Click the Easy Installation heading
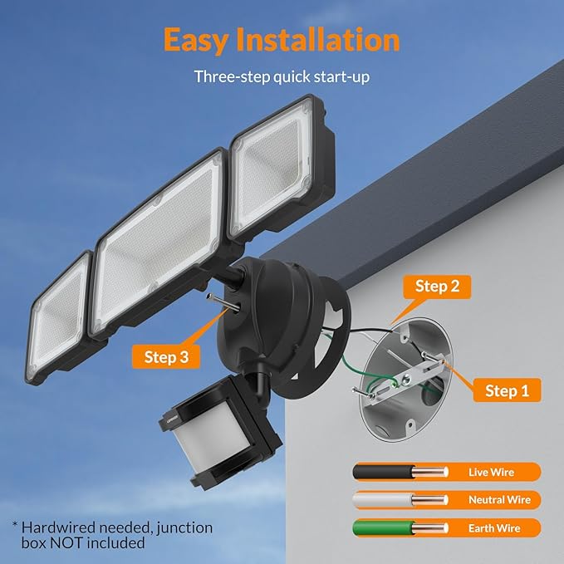click(282, 39)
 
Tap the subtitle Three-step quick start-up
click(282, 76)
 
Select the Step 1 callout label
click(507, 390)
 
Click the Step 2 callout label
click(437, 287)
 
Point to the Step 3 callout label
click(166, 357)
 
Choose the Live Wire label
click(491, 472)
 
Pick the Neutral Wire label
click(499, 500)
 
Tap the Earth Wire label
click(493, 527)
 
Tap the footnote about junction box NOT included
click(112, 535)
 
